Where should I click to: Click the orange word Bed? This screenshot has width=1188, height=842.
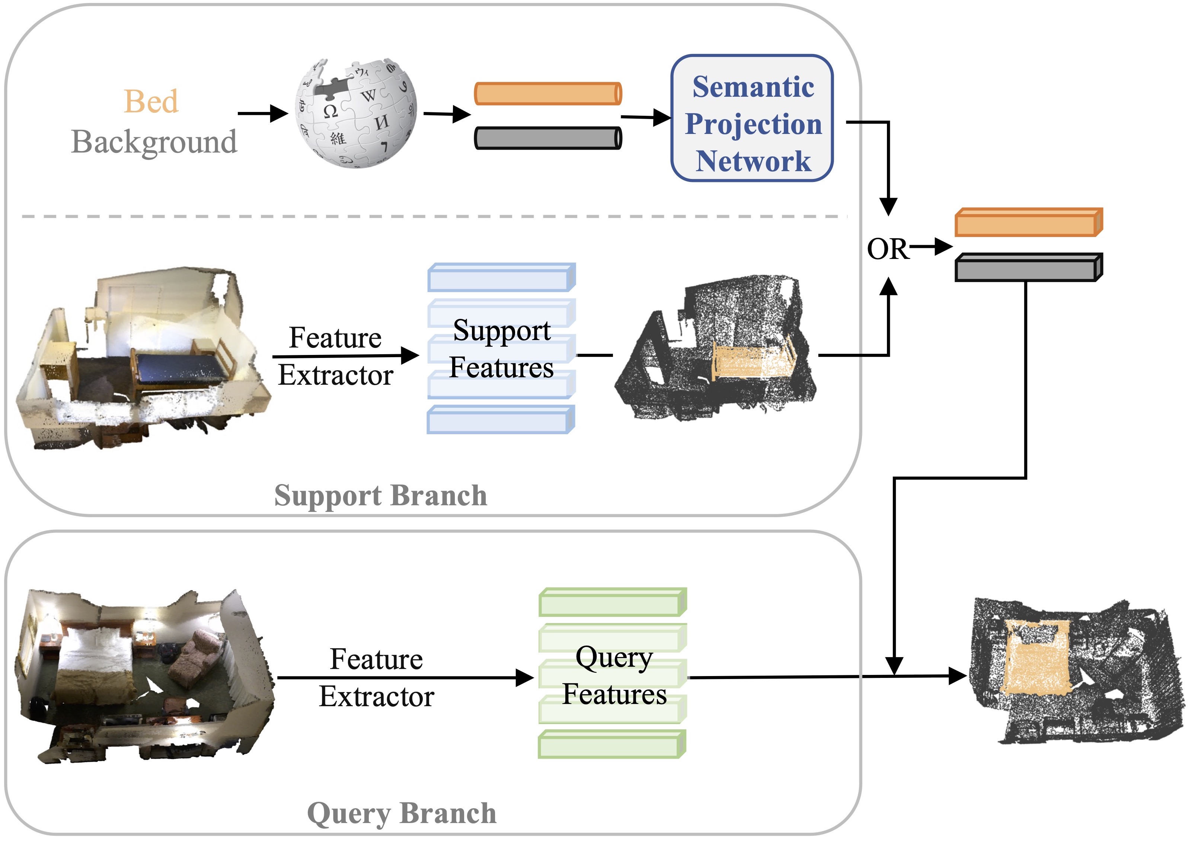coord(151,101)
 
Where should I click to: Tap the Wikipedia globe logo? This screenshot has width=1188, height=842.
coord(356,113)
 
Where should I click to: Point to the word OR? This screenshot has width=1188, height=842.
coord(887,249)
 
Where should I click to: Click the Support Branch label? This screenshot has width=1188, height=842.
coord(381,496)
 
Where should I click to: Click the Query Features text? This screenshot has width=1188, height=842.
coord(614,676)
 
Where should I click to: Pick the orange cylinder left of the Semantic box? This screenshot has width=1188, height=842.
coord(548,93)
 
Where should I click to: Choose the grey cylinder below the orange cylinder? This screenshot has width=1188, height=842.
coord(548,138)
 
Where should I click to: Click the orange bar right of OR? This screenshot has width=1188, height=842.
coord(1029,222)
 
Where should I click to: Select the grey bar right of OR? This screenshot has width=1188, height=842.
coord(1029,268)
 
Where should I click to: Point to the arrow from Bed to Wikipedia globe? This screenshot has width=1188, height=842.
coord(263,113)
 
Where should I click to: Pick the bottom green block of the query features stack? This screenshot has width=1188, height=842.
coord(612,745)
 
